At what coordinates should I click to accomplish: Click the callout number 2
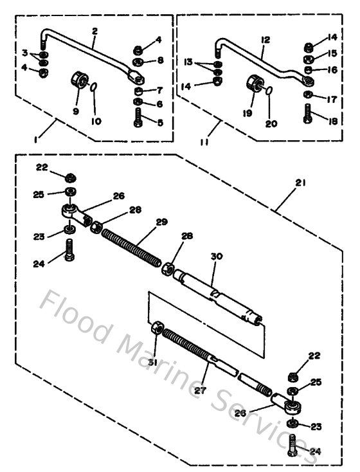pyautogui.click(x=94, y=30)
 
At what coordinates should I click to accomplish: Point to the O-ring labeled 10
pyautogui.click(x=94, y=86)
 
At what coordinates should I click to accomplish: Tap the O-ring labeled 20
pyautogui.click(x=268, y=91)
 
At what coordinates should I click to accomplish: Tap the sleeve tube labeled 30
pyautogui.click(x=219, y=292)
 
